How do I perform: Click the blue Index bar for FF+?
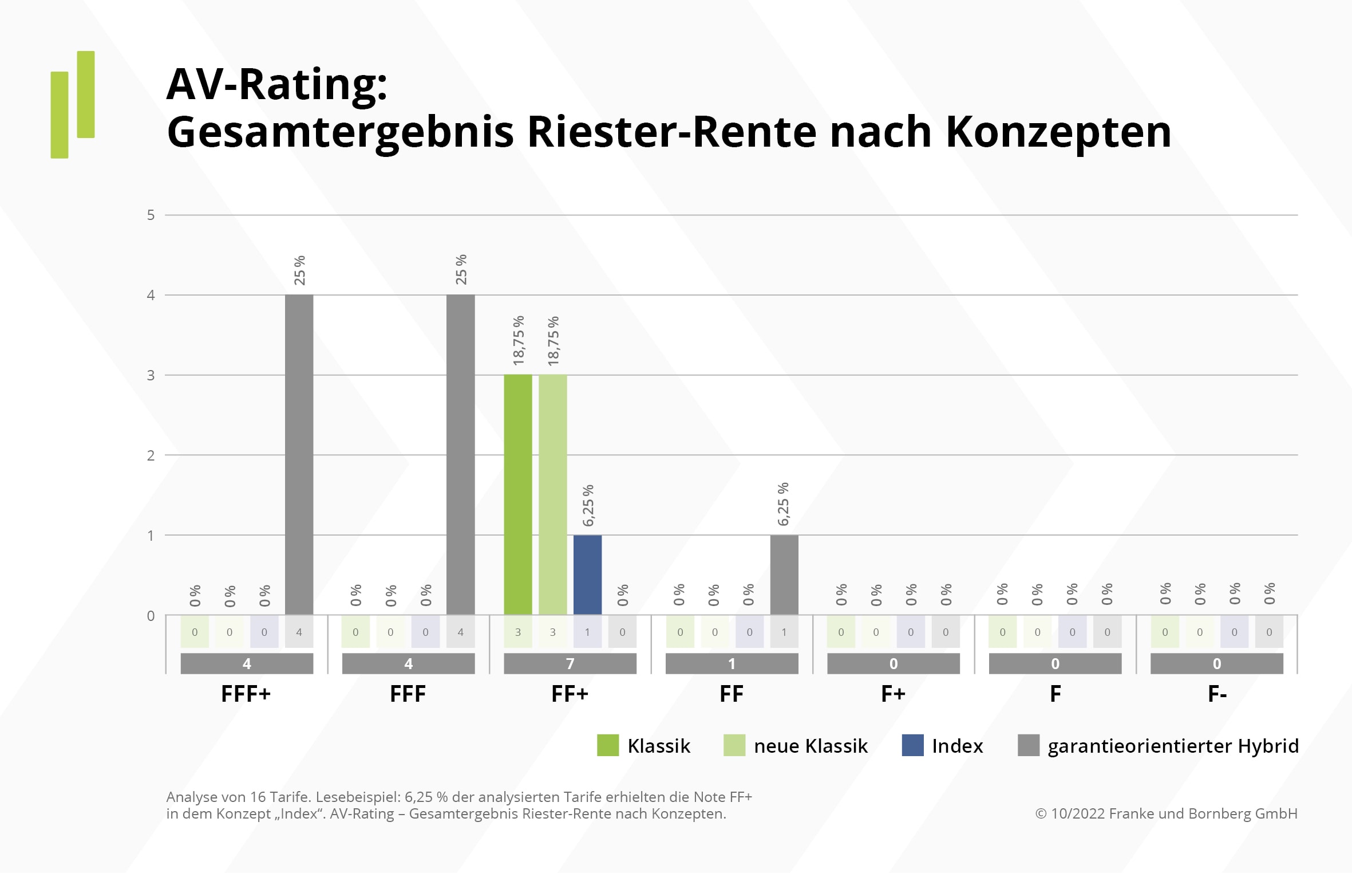[x=587, y=575]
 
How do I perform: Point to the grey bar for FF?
[x=784, y=575]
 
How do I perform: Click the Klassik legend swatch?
[x=607, y=745]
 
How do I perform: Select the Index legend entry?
[x=957, y=745]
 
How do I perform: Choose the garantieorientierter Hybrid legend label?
[x=1173, y=745]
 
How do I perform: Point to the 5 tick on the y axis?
[x=151, y=215]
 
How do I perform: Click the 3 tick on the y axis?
[x=151, y=375]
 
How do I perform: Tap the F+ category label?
[x=893, y=694]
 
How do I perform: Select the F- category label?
[x=1217, y=694]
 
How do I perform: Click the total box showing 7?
[x=570, y=663]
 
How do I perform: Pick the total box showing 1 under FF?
[x=732, y=663]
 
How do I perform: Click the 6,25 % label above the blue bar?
[x=588, y=505]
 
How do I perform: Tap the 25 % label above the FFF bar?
[x=461, y=270]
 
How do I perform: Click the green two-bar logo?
[x=73, y=104]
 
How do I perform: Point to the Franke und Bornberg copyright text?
[x=1166, y=813]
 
